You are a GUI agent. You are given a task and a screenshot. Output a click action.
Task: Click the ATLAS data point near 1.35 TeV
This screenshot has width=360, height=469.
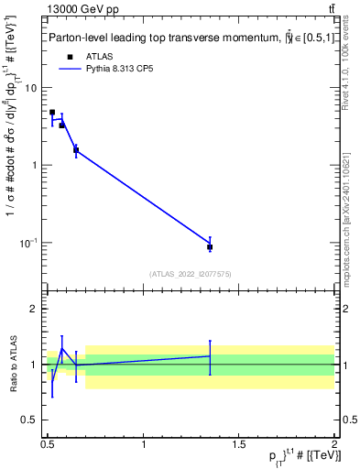point(210,247)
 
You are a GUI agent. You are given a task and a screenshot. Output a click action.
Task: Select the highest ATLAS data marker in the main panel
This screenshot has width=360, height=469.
point(52,113)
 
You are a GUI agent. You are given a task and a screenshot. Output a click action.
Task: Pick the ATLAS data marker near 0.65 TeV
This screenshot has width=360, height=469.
point(76,149)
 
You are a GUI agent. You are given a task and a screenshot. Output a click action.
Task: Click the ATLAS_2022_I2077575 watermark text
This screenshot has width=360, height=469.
point(189,273)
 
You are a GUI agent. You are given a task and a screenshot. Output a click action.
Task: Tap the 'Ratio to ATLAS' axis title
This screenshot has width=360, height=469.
point(12,365)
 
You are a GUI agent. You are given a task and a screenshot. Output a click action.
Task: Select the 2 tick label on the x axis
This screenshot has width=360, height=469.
point(334,444)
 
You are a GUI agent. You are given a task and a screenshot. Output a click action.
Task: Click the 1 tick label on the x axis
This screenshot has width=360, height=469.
point(143,444)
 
